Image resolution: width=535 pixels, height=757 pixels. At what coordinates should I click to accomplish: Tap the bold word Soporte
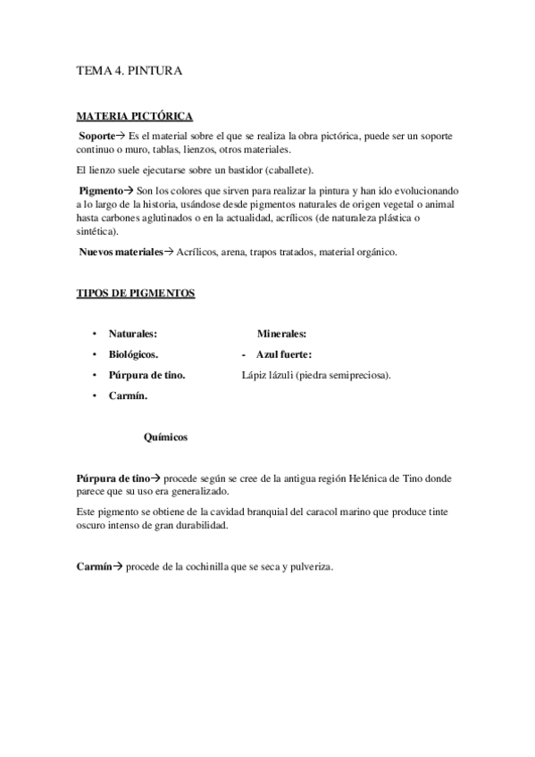point(96,134)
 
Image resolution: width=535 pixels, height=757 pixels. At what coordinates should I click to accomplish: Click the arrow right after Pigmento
point(128,191)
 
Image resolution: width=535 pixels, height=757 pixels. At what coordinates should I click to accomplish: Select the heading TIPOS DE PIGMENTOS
point(136,294)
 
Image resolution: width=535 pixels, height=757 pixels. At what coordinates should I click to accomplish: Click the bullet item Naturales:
point(133,334)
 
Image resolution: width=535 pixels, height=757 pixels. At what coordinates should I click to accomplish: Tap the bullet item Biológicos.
point(134,354)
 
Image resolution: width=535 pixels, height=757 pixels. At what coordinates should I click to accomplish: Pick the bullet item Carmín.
point(128,395)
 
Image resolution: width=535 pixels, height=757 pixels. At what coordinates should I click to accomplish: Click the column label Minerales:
point(282,334)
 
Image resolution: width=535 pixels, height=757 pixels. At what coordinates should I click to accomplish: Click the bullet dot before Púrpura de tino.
point(93,375)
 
